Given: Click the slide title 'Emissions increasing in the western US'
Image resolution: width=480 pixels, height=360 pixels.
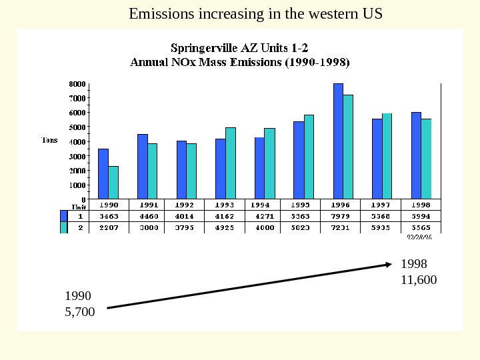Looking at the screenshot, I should (x=255, y=13).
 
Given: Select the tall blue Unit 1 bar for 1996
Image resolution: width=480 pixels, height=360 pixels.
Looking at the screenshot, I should (x=338, y=141).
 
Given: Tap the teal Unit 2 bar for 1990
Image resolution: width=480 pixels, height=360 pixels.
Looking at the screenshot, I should (x=113, y=182).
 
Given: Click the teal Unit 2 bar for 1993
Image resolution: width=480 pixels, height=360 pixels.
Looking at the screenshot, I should (x=231, y=163).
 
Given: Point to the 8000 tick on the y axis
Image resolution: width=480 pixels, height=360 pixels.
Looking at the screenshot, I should (x=78, y=85).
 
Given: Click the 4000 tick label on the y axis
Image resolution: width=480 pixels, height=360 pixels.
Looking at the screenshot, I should (x=78, y=141).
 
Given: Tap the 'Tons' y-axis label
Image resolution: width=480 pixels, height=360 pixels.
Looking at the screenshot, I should (x=50, y=140).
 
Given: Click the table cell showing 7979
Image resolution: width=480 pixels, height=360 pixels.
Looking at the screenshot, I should (x=341, y=216).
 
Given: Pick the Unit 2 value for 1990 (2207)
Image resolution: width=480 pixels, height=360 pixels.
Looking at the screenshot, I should (x=109, y=227).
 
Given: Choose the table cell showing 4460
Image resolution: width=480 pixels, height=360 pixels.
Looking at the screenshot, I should (x=148, y=216).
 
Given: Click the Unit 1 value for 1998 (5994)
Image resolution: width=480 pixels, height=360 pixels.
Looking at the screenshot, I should (x=420, y=216).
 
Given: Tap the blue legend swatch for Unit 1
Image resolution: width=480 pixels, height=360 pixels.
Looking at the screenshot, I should (x=64, y=215).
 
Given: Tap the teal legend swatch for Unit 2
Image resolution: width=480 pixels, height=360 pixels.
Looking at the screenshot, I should (x=64, y=227).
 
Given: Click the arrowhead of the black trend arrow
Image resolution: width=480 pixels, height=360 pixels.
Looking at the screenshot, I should (x=390, y=265).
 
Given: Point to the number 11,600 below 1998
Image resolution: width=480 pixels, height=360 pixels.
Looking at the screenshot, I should (x=419, y=280).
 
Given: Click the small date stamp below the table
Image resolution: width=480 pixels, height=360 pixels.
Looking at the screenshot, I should (x=420, y=235).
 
